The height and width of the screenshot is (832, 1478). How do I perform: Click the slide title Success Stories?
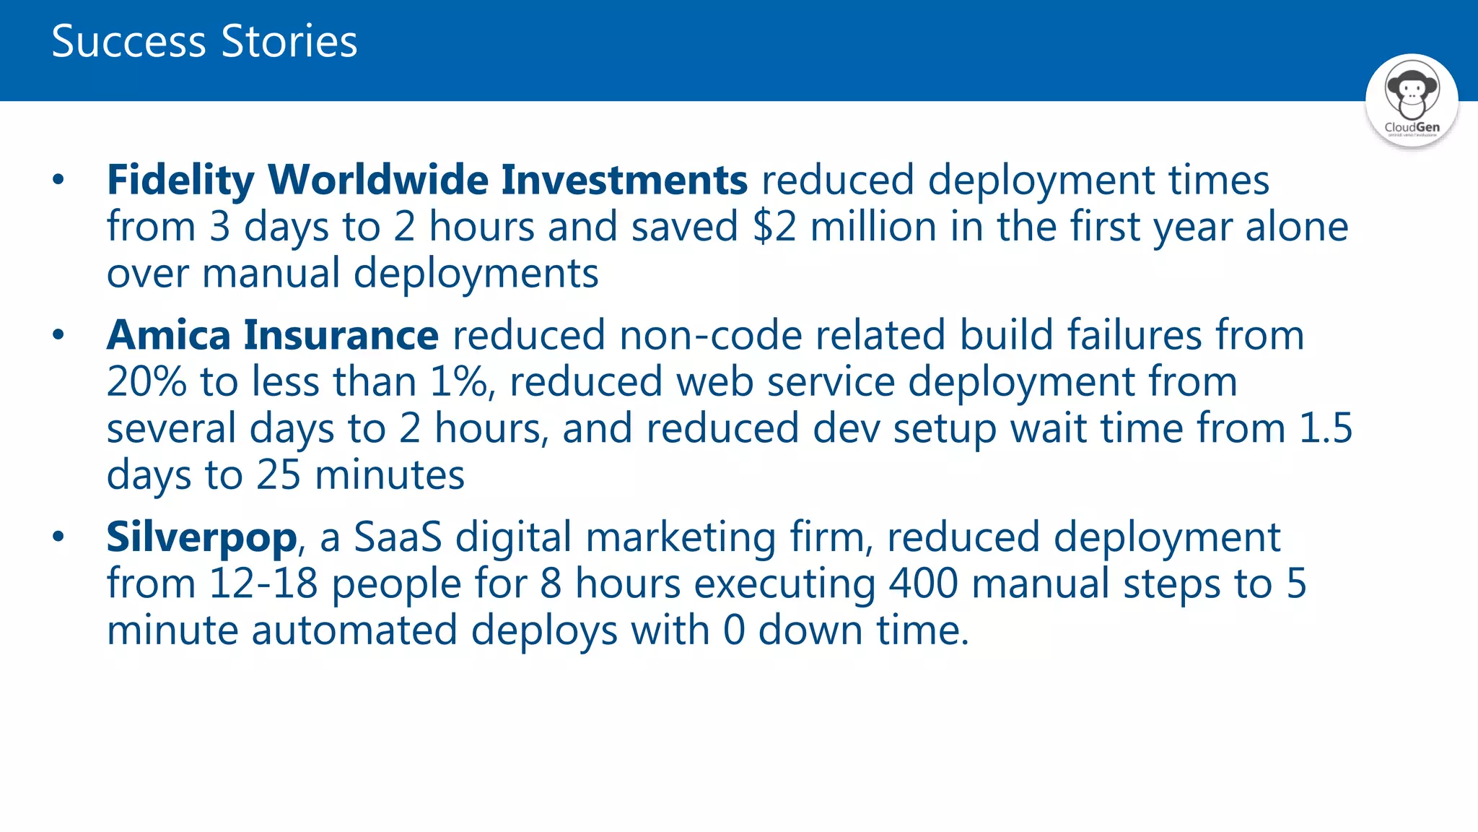204,41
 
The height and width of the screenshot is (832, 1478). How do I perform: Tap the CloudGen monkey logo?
1412,99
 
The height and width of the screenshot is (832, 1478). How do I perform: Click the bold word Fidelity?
180,180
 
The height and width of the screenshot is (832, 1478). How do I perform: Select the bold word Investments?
624,180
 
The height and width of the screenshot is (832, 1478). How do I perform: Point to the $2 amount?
774,227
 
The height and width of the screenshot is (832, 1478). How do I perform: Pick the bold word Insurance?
341,335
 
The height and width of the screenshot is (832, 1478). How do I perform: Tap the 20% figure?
147,382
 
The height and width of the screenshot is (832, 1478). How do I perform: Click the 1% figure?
460,382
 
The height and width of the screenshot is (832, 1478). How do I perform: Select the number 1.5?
1326,428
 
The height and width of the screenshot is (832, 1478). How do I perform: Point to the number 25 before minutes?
279,475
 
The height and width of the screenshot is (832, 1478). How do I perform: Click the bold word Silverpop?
201,537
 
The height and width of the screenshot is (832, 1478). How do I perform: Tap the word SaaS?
397,537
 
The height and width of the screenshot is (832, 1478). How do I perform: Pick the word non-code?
709,335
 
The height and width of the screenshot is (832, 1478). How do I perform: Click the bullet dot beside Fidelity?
58,180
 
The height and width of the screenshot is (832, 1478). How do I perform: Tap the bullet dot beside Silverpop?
58,537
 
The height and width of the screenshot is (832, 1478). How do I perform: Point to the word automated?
354,630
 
